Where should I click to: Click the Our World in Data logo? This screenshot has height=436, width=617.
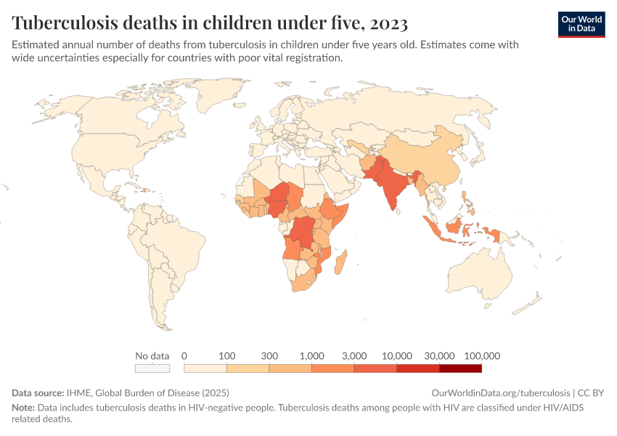coord(581,25)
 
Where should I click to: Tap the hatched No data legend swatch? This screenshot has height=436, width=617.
coord(152,368)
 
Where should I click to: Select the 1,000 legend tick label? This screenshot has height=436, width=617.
coord(311,356)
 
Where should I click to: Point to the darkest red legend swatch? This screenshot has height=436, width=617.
coord(460,368)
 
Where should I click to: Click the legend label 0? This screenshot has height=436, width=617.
coord(184,356)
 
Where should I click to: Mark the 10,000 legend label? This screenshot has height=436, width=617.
coord(396,356)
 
